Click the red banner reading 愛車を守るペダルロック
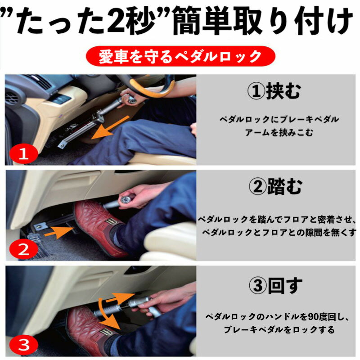pyautogui.click(x=180, y=56)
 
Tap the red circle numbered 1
pyautogui.click(x=24, y=154)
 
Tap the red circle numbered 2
pyautogui.click(x=24, y=250)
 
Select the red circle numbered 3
pyautogui.click(x=24, y=345)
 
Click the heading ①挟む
pyautogui.click(x=274, y=91)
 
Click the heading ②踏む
pyautogui.click(x=275, y=187)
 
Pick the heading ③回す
pyautogui.click(x=275, y=285)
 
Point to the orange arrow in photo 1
pyautogui.click(x=110, y=127)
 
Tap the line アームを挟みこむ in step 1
pyautogui.click(x=279, y=132)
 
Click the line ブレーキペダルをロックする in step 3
pyautogui.click(x=279, y=330)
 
